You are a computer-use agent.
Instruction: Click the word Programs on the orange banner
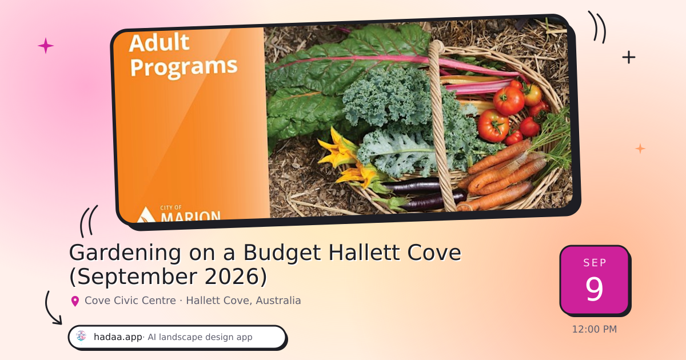point(184,66)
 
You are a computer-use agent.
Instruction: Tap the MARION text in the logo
point(190,216)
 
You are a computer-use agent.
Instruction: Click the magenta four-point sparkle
point(46,46)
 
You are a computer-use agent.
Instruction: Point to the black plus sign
point(629,57)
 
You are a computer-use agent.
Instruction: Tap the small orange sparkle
point(640,149)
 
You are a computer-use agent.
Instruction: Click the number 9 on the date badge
point(594,289)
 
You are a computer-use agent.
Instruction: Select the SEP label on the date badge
point(595,263)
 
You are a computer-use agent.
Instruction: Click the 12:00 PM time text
point(595,329)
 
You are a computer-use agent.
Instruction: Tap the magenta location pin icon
point(75,301)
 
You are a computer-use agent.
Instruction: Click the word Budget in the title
point(282,253)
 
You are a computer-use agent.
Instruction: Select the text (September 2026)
point(169,277)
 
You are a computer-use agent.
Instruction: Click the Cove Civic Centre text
point(130,301)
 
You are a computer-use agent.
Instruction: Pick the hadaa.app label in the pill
point(118,337)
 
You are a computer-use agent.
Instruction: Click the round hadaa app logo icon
point(81,336)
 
